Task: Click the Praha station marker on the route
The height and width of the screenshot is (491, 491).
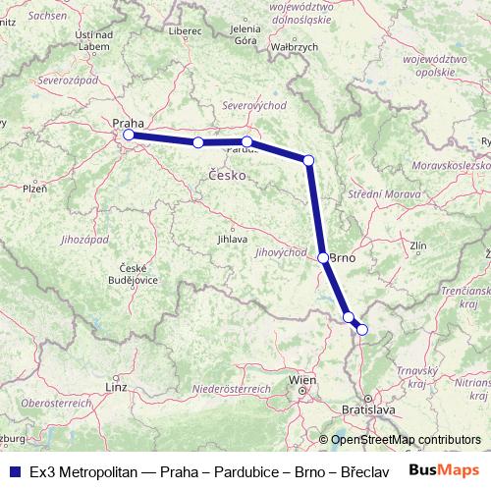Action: coord(129,136)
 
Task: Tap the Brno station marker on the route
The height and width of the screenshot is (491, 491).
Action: coord(324,257)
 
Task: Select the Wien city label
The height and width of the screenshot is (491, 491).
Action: coord(302,379)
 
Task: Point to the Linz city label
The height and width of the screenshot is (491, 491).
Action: coord(116,388)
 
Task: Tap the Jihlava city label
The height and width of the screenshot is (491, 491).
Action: coord(232,239)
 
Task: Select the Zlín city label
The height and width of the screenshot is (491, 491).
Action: coord(419,245)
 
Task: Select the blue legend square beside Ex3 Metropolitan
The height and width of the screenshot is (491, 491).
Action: coord(13,470)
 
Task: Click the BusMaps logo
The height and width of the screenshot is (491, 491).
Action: coord(444,469)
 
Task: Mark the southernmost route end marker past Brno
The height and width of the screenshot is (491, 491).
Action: coord(361,330)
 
